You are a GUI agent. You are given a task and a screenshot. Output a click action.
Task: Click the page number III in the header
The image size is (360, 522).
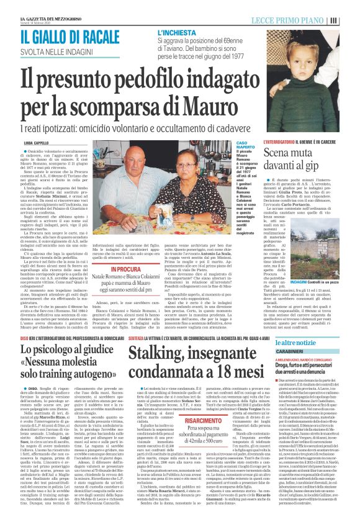351,20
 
